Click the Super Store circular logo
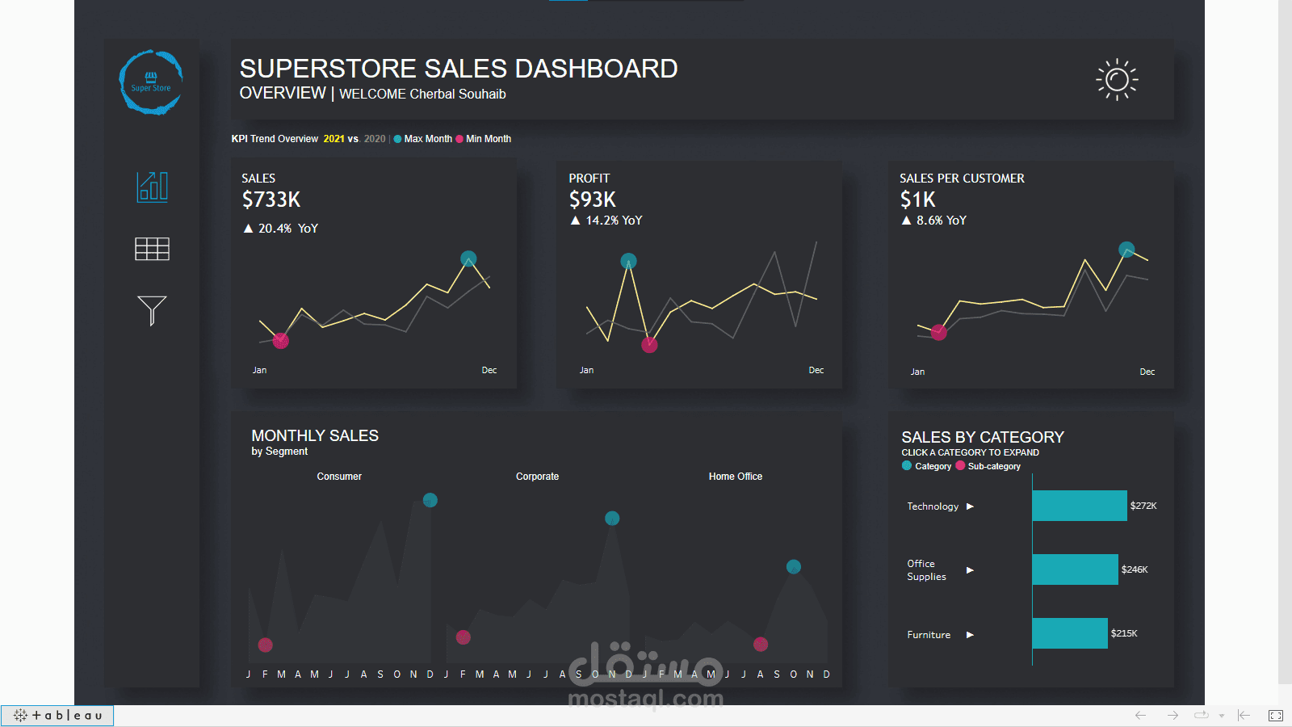point(151,82)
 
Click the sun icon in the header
point(1117,79)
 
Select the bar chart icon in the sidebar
point(152,187)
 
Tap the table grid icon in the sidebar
point(152,249)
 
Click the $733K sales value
point(271,200)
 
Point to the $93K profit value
point(592,200)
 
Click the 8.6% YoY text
point(941,221)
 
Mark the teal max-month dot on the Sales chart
point(468,258)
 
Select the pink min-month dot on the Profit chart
point(649,346)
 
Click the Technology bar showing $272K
point(1079,506)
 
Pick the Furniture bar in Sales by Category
point(1069,633)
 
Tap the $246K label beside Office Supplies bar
point(1135,569)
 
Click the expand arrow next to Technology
point(970,506)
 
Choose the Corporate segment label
point(537,477)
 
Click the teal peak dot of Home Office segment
point(794,566)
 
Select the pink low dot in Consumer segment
point(265,645)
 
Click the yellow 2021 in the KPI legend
point(333,139)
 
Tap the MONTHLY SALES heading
point(315,435)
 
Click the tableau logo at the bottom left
point(58,716)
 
